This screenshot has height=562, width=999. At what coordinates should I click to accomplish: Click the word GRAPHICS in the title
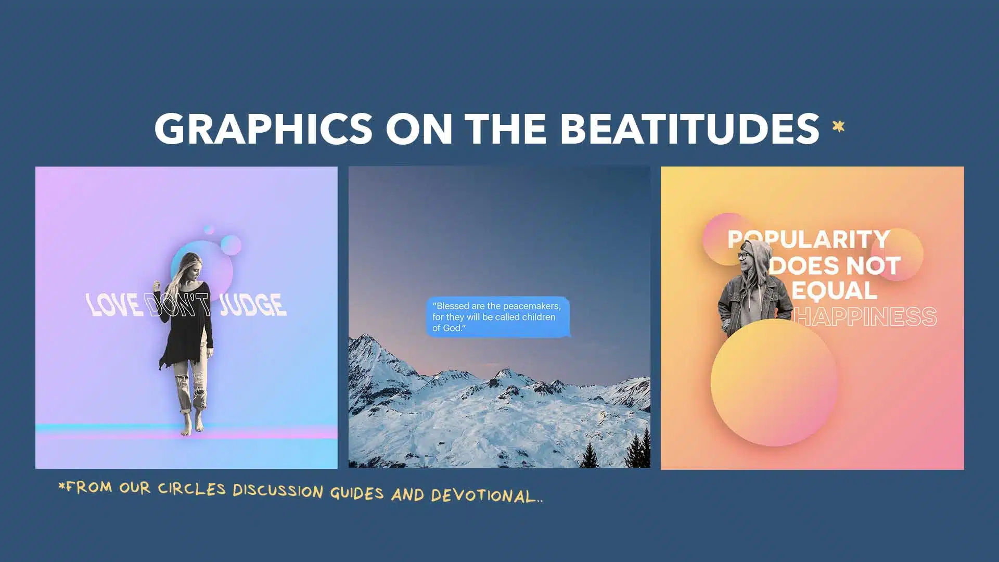(263, 129)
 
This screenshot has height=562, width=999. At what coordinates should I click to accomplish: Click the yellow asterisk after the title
(838, 126)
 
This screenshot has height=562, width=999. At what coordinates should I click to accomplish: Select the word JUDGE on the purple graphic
(253, 304)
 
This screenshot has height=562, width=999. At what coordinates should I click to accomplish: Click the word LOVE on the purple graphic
(113, 304)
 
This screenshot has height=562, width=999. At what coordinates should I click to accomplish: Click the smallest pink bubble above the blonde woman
(209, 229)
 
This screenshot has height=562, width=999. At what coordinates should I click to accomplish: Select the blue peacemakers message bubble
(498, 317)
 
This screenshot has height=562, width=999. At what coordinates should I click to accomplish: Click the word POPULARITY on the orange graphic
(809, 239)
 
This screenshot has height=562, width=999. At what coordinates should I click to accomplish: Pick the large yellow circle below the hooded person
(774, 382)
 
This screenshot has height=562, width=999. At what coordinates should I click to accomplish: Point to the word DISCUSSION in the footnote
(278, 491)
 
